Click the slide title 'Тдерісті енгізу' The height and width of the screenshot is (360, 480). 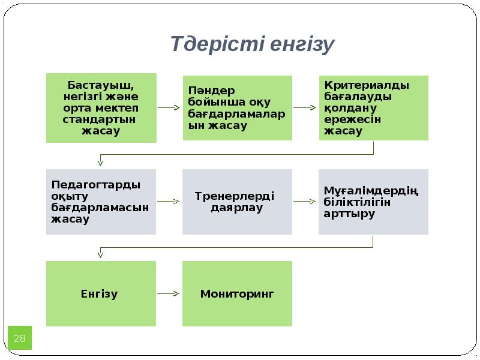pyautogui.click(x=252, y=44)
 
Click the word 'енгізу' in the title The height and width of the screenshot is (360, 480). pyautogui.click(x=301, y=45)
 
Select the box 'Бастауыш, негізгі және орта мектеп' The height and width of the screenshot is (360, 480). pyautogui.click(x=101, y=108)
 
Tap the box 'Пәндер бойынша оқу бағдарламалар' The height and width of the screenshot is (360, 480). pyautogui.click(x=237, y=108)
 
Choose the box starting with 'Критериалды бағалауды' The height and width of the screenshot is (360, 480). pyautogui.click(x=373, y=108)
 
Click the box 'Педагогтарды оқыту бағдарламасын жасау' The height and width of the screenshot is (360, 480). pyautogui.click(x=101, y=202)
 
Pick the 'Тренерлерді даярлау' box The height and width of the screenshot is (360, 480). pyautogui.click(x=237, y=202)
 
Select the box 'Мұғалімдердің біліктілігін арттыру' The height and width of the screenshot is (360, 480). pyautogui.click(x=373, y=202)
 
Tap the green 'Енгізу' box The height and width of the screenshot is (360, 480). pyautogui.click(x=101, y=294)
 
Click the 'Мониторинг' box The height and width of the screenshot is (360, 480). pyautogui.click(x=237, y=294)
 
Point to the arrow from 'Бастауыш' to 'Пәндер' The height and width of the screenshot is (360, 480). pyautogui.click(x=169, y=108)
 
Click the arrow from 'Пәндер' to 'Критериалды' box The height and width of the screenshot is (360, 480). pyautogui.click(x=305, y=108)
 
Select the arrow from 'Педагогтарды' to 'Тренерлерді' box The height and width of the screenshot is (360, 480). pyautogui.click(x=169, y=202)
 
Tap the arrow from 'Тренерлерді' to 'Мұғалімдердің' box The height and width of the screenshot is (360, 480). pyautogui.click(x=305, y=202)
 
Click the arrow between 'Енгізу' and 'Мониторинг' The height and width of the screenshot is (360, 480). pyautogui.click(x=169, y=294)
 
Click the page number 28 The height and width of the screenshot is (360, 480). pyautogui.click(x=19, y=339)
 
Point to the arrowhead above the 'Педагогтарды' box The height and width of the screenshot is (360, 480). pyautogui.click(x=101, y=162)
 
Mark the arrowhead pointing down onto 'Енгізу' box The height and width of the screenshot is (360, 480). pyautogui.click(x=101, y=255)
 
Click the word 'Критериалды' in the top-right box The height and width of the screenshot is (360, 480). pyautogui.click(x=367, y=85)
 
